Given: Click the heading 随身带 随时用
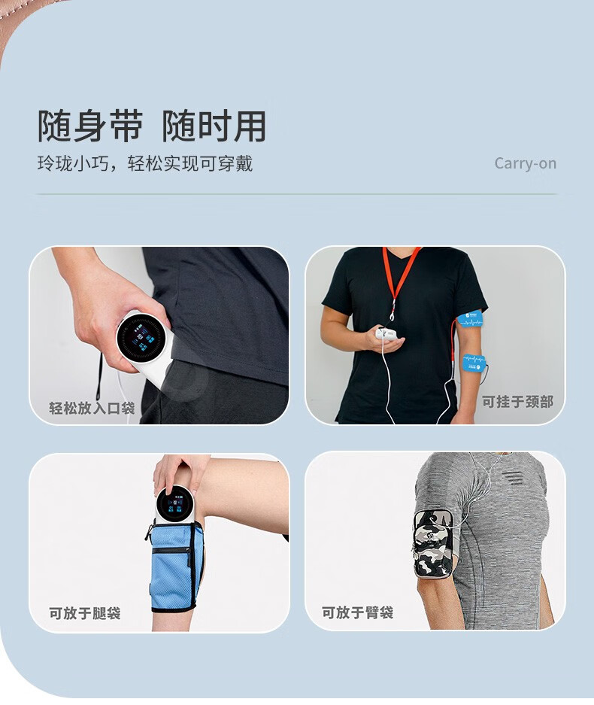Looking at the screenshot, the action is click(152, 126).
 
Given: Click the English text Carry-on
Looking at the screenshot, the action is click(526, 163).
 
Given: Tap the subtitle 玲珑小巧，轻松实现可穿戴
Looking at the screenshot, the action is click(145, 163).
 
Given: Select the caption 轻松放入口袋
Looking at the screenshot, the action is click(92, 408).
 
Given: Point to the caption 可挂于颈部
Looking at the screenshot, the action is click(517, 402).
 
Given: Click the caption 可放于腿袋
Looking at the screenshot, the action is click(85, 612).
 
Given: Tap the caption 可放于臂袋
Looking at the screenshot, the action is click(358, 612).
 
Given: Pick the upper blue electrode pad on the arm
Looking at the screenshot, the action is click(470, 319).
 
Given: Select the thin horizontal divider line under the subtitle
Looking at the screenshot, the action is click(296, 194).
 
